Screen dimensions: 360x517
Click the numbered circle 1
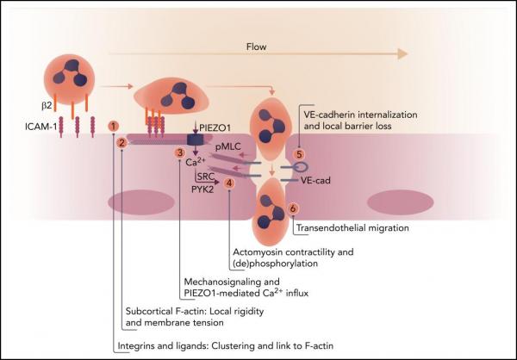pos(114,126)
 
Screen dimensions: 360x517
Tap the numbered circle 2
pos(122,143)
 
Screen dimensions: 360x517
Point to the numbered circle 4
pos(229,183)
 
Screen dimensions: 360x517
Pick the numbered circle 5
pos(300,154)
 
